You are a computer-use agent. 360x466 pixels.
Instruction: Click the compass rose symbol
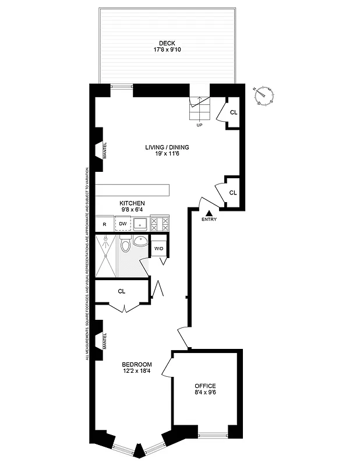tap(265, 93)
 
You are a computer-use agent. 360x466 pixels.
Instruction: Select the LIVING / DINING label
tap(167, 147)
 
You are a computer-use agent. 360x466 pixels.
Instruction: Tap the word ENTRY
tap(209, 220)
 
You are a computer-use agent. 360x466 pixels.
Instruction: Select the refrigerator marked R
tap(104, 224)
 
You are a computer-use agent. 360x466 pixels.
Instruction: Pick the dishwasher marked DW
tap(123, 224)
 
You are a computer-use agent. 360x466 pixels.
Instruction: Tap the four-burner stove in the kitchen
tap(159, 224)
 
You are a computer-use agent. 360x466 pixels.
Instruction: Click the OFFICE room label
tap(205, 386)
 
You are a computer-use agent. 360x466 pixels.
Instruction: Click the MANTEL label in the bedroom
tap(104, 340)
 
